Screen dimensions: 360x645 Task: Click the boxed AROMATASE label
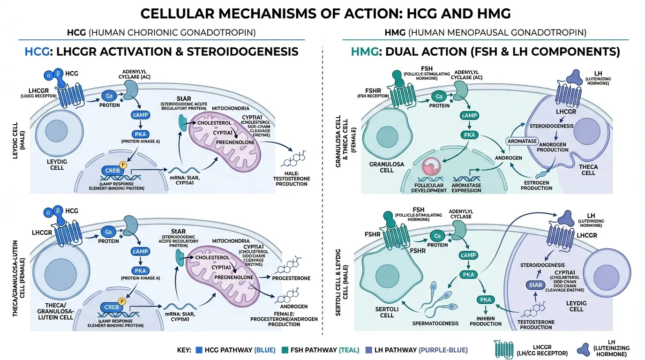pos(519,141)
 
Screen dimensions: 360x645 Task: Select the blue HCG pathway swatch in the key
pos(198,350)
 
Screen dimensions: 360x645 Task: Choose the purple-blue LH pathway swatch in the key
pos(367,350)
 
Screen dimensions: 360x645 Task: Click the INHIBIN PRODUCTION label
pos(486,321)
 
